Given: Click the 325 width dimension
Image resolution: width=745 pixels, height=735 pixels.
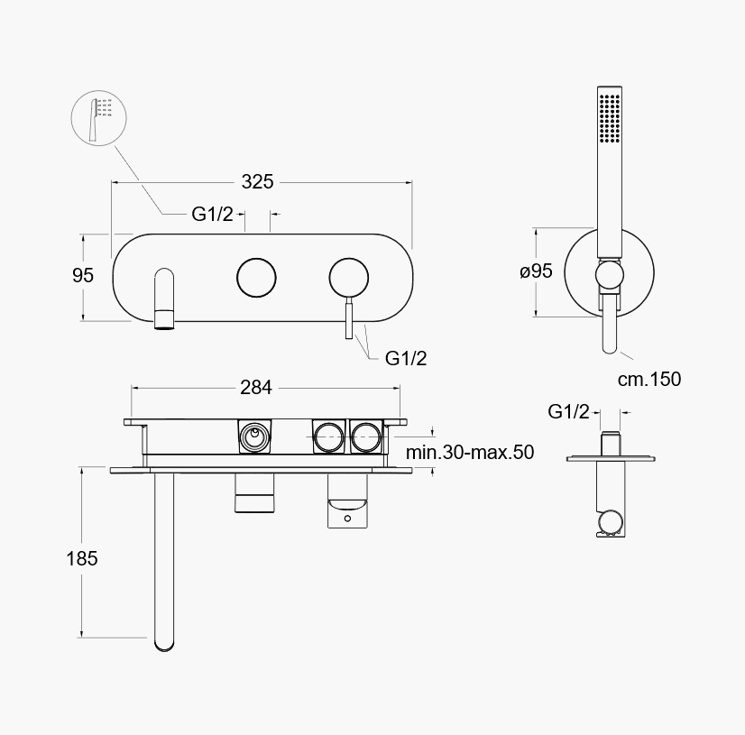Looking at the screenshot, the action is coord(257,181).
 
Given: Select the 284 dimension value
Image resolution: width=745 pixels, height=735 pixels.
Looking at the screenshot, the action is coord(256,388).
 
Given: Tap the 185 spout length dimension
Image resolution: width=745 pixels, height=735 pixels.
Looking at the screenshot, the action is coord(82,558).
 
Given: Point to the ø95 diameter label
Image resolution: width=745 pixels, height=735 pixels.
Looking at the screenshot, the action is coord(536,271).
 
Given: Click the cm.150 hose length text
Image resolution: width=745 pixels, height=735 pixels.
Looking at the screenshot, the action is coord(649,379).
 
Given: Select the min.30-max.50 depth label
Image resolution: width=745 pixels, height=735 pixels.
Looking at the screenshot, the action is coord(470,452).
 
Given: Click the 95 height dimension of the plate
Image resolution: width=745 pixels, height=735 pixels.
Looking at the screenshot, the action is coord(83,275).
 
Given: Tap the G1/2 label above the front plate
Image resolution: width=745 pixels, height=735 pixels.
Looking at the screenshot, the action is coord(212,215).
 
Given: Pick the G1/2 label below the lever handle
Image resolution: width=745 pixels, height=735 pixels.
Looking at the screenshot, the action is coord(406,358).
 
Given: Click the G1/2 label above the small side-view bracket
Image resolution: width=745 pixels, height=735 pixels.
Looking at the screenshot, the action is coord(568,411).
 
